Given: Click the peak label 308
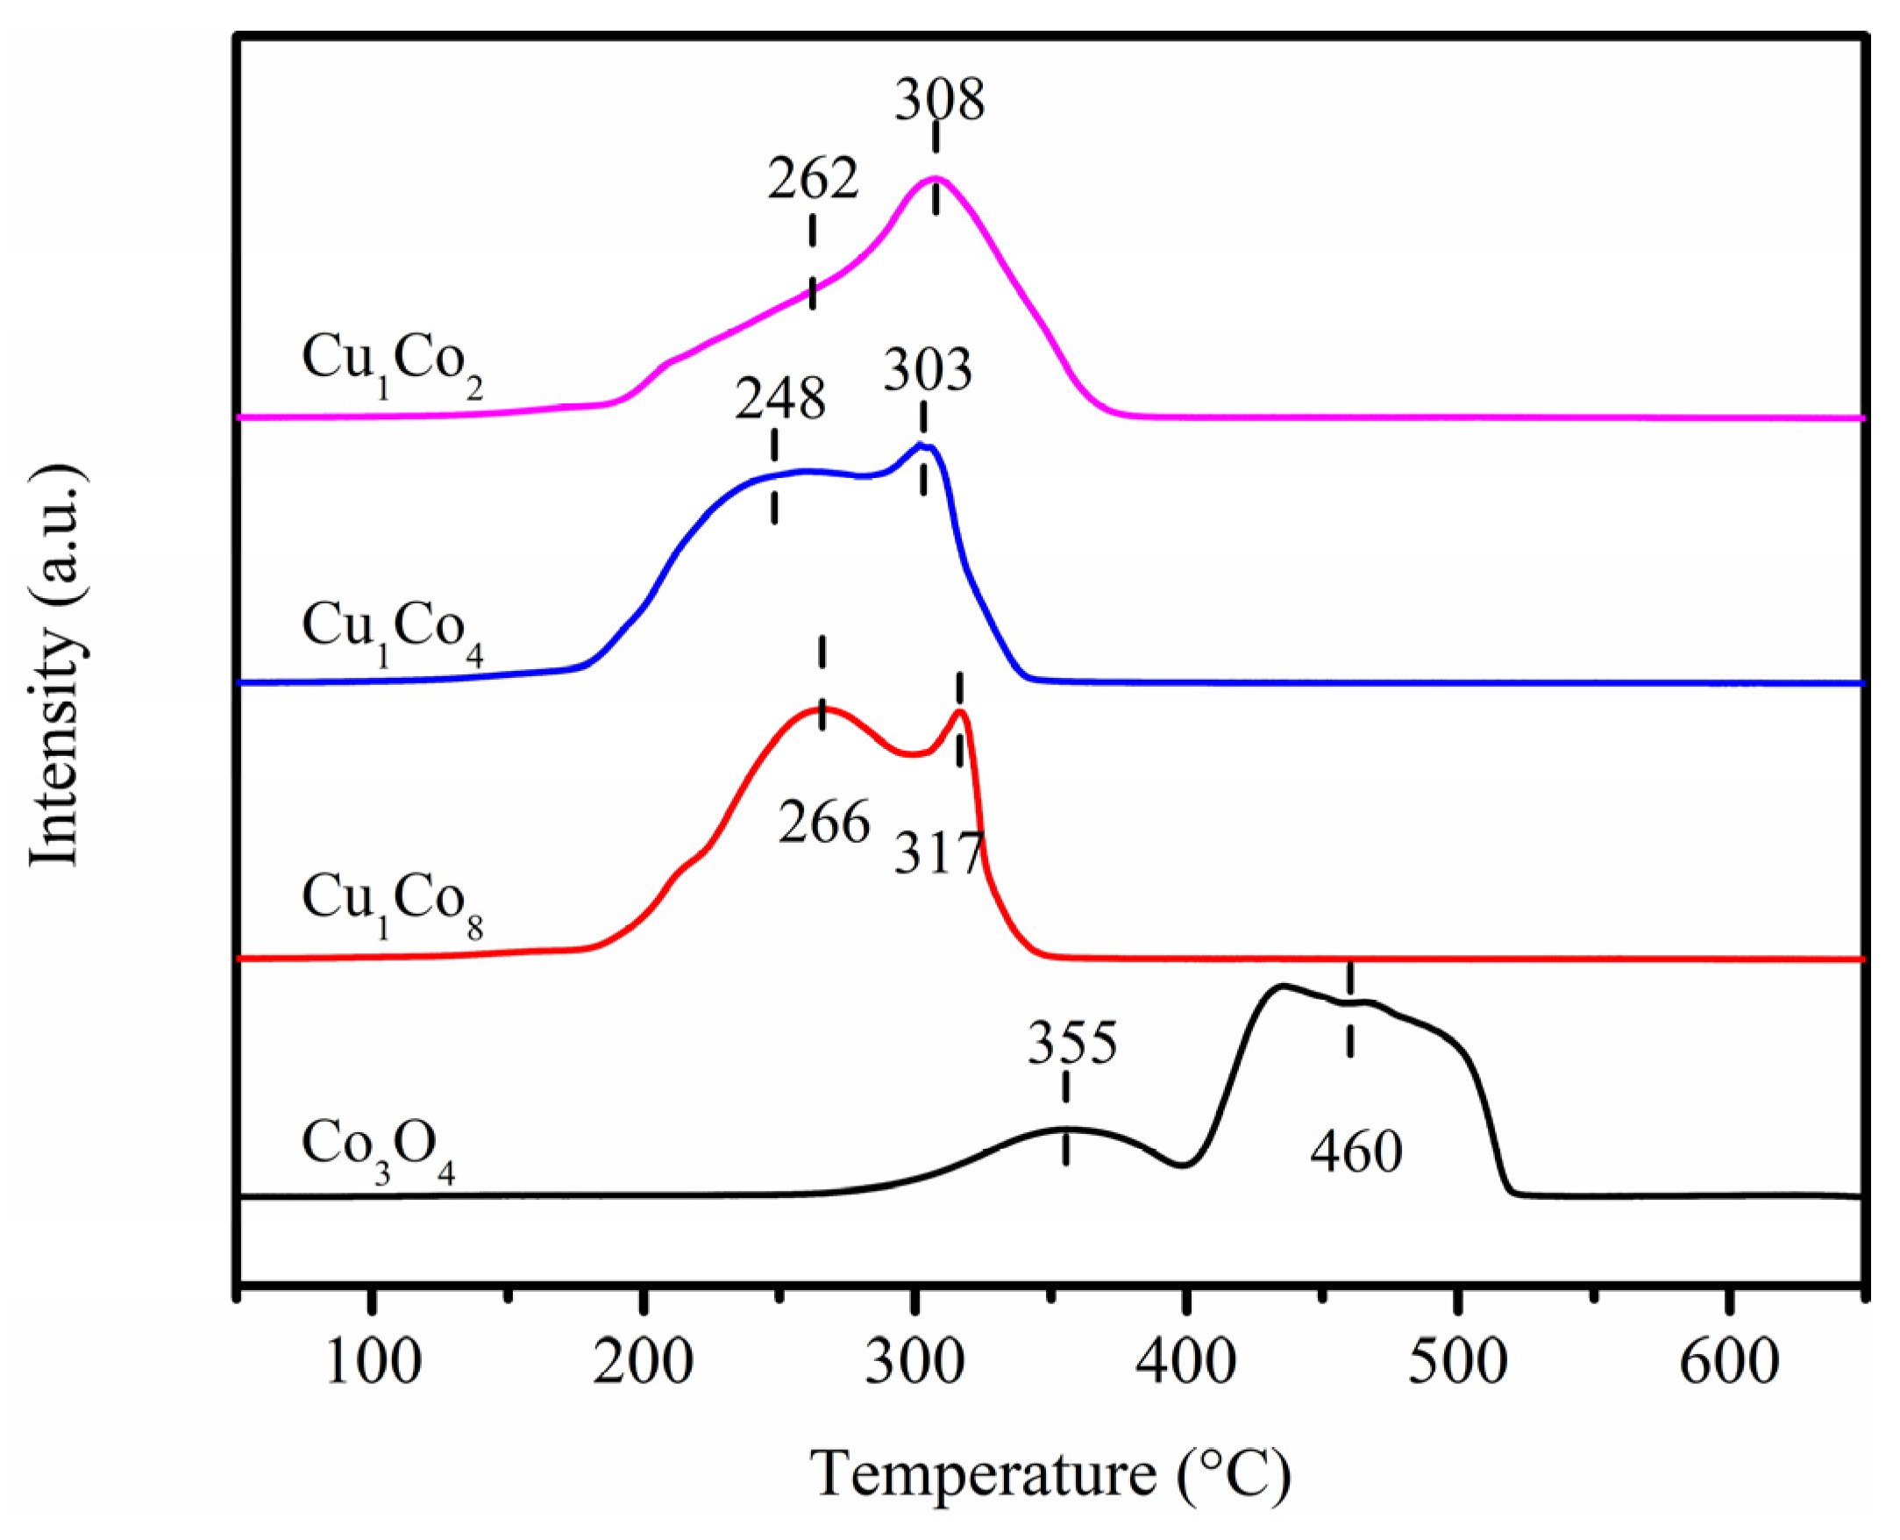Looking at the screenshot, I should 939,100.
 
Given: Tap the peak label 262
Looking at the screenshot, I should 813,178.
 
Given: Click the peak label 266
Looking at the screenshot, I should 824,823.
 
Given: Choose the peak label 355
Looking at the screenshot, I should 1072,1044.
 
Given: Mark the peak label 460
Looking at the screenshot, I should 1356,1152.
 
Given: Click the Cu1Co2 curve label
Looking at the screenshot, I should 392,362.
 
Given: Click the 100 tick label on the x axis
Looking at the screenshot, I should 373,1363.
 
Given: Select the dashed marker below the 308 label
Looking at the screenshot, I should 936,168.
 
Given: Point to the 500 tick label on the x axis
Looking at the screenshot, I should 1457,1363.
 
